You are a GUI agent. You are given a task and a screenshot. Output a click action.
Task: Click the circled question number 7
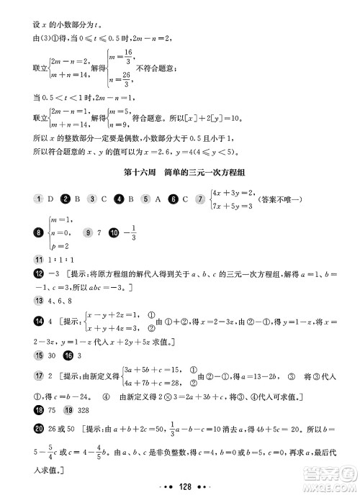pos(200,199)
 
